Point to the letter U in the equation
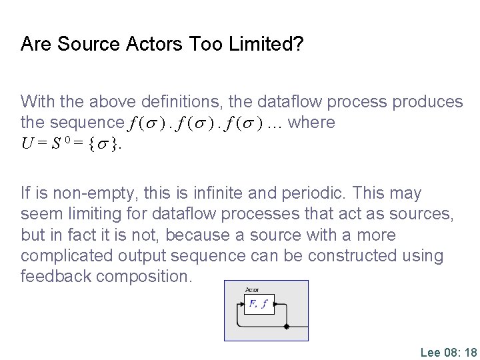click(x=26, y=143)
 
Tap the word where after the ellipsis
click(x=313, y=123)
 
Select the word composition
click(x=145, y=277)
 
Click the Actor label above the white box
click(x=252, y=289)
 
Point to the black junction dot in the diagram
click(x=287, y=327)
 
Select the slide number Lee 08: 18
click(x=449, y=352)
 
